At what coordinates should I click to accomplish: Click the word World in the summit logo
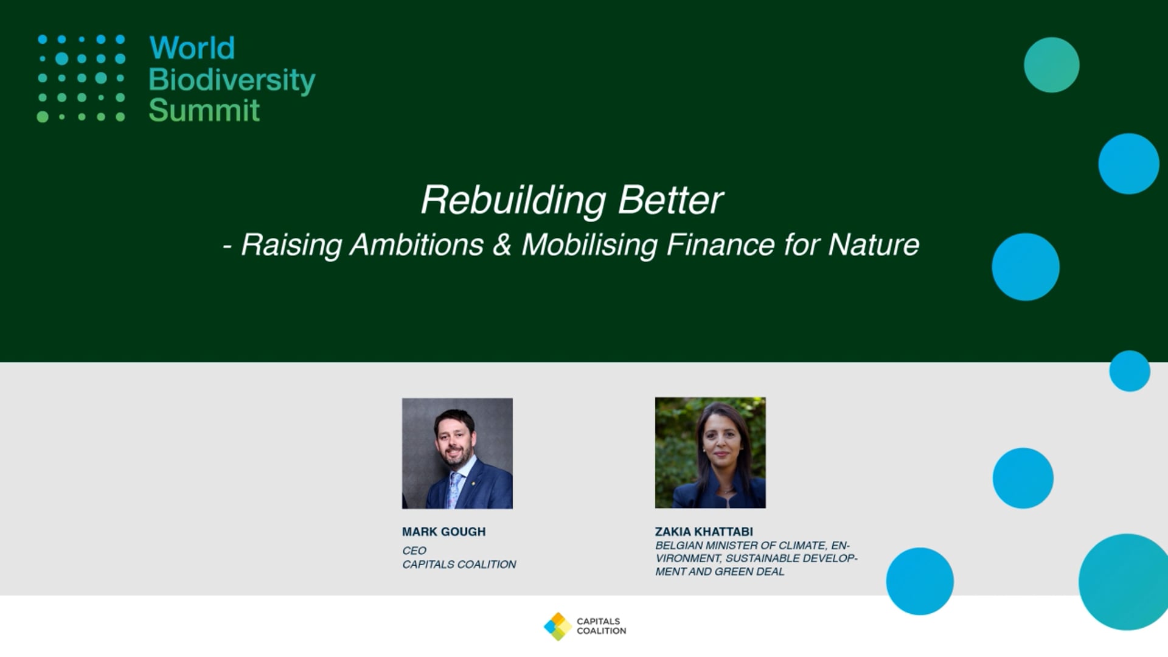click(x=192, y=48)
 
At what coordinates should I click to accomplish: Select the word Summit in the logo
click(x=204, y=110)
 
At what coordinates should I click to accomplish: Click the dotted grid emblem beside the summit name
click(x=81, y=78)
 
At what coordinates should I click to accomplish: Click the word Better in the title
click(x=670, y=200)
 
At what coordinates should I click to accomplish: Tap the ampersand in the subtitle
click(x=502, y=245)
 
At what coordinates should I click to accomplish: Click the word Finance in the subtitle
click(x=720, y=245)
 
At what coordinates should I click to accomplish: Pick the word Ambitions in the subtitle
click(x=417, y=245)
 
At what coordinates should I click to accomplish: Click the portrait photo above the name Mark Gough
click(x=457, y=453)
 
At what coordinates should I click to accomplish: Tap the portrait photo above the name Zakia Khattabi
click(x=711, y=453)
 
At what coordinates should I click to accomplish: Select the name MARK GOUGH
click(x=444, y=532)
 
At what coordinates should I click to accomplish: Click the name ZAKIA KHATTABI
click(x=704, y=532)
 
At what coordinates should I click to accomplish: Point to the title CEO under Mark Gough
click(x=414, y=551)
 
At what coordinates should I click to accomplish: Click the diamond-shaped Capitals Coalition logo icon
click(x=558, y=627)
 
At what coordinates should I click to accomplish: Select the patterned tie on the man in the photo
click(x=454, y=489)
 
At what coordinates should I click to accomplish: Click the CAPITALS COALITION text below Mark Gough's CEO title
click(x=459, y=565)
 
